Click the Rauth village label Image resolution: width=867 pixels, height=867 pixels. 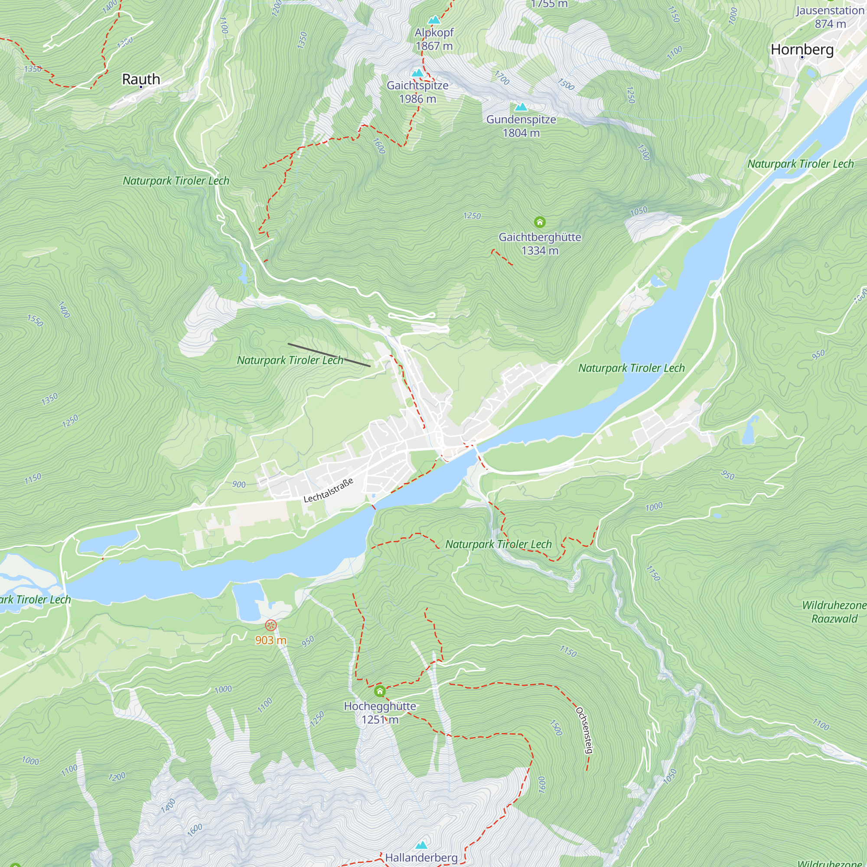pyautogui.click(x=141, y=79)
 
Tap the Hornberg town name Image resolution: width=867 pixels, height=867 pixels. pyautogui.click(x=802, y=49)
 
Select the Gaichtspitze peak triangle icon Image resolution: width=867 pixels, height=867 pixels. pyautogui.click(x=417, y=73)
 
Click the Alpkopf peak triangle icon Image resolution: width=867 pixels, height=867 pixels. pyautogui.click(x=433, y=20)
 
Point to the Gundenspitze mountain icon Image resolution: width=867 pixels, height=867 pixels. pyautogui.click(x=521, y=107)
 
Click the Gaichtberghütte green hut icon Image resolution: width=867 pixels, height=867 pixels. pyautogui.click(x=539, y=222)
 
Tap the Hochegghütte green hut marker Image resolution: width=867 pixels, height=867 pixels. pyautogui.click(x=380, y=691)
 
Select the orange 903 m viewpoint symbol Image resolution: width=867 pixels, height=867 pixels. pyautogui.click(x=271, y=625)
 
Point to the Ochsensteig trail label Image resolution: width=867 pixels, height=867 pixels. pyautogui.click(x=585, y=730)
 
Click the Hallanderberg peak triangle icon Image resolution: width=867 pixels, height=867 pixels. pyautogui.click(x=421, y=845)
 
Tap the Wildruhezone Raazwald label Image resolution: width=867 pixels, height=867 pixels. pyautogui.click(x=834, y=612)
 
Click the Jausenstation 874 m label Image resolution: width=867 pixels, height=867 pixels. pyautogui.click(x=830, y=17)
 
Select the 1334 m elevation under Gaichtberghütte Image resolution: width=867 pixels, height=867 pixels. pyautogui.click(x=540, y=251)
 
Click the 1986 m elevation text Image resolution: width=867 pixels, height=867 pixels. pyautogui.click(x=417, y=99)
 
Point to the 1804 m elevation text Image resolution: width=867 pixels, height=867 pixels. pyautogui.click(x=521, y=133)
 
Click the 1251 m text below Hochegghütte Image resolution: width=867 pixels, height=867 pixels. pyautogui.click(x=380, y=720)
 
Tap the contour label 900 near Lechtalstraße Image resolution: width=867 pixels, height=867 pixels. pyautogui.click(x=239, y=484)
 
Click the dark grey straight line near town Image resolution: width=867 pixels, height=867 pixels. pyautogui.click(x=329, y=355)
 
